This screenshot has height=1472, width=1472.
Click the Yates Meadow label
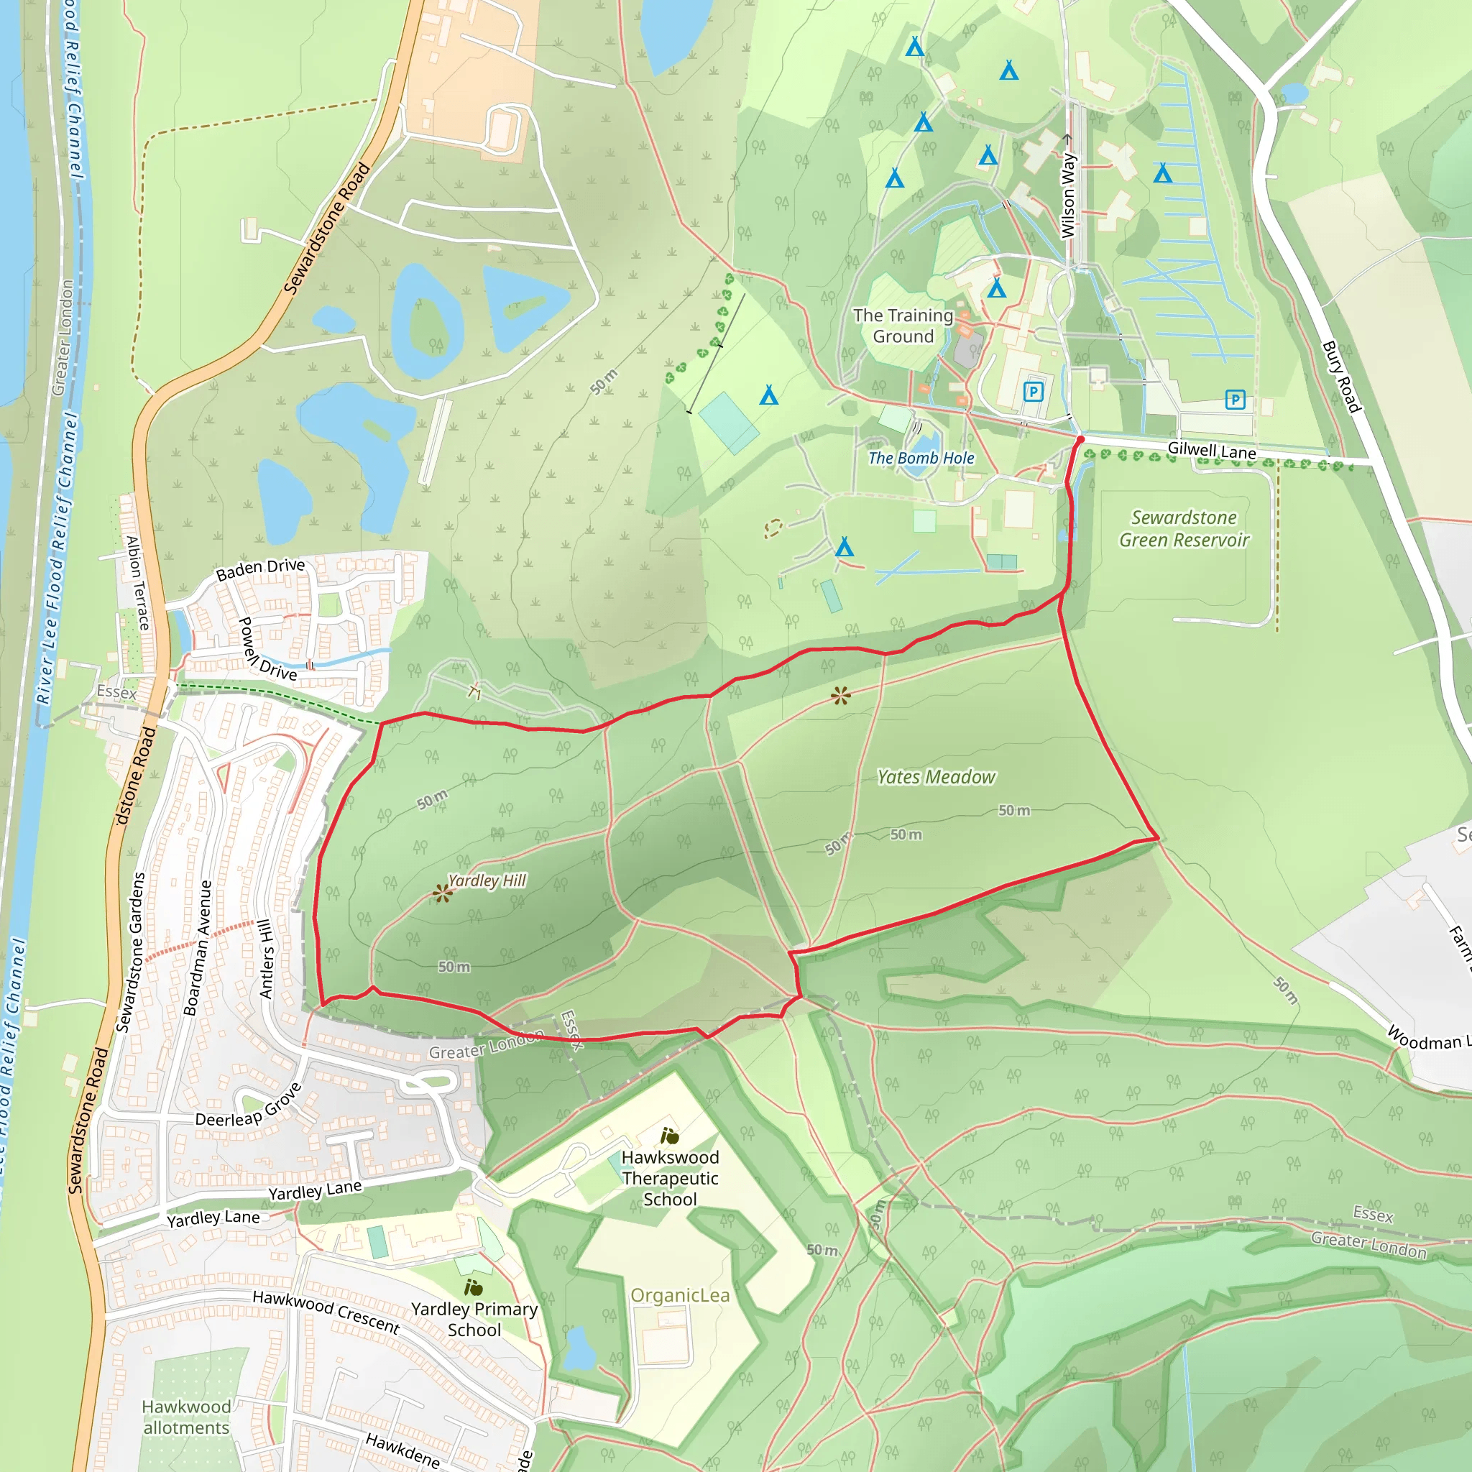coord(936,777)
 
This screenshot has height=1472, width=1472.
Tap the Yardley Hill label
coord(487,880)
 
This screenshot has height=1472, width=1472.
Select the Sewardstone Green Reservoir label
coord(1184,529)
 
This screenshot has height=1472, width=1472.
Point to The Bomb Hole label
coord(921,458)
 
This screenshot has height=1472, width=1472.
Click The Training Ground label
coord(903,326)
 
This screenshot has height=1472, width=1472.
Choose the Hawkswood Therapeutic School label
coord(670,1178)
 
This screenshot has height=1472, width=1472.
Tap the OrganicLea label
coord(680,1295)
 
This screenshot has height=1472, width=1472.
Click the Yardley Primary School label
coord(474,1320)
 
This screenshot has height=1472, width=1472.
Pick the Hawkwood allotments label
coord(186,1417)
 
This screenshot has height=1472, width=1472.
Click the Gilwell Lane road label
coord(1211,451)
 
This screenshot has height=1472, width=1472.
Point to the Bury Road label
coord(1342,377)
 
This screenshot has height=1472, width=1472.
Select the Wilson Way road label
coord(1068,195)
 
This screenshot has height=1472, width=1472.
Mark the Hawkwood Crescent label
coord(326,1311)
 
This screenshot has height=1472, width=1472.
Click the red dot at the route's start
coord(1080,440)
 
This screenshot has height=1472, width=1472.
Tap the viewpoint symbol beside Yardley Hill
coord(442,893)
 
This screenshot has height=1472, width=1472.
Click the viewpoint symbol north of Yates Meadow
coord(840,695)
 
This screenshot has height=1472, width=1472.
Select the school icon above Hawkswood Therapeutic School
coord(670,1137)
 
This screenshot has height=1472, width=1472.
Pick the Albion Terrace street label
coord(138,583)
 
